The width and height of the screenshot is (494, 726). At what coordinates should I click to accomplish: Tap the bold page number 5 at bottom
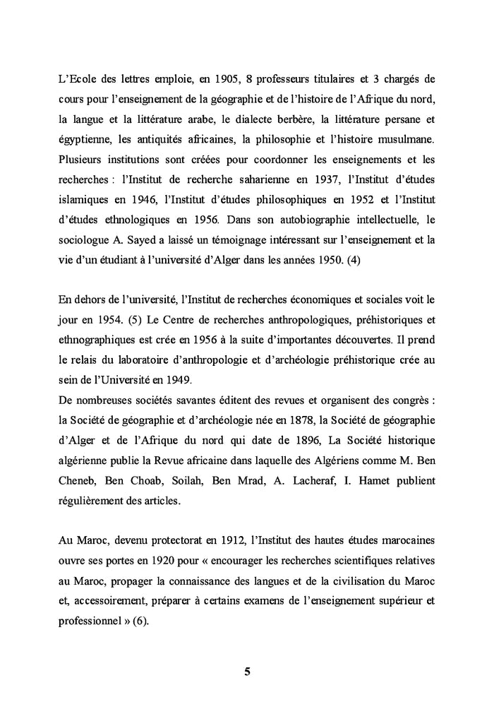click(x=247, y=672)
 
